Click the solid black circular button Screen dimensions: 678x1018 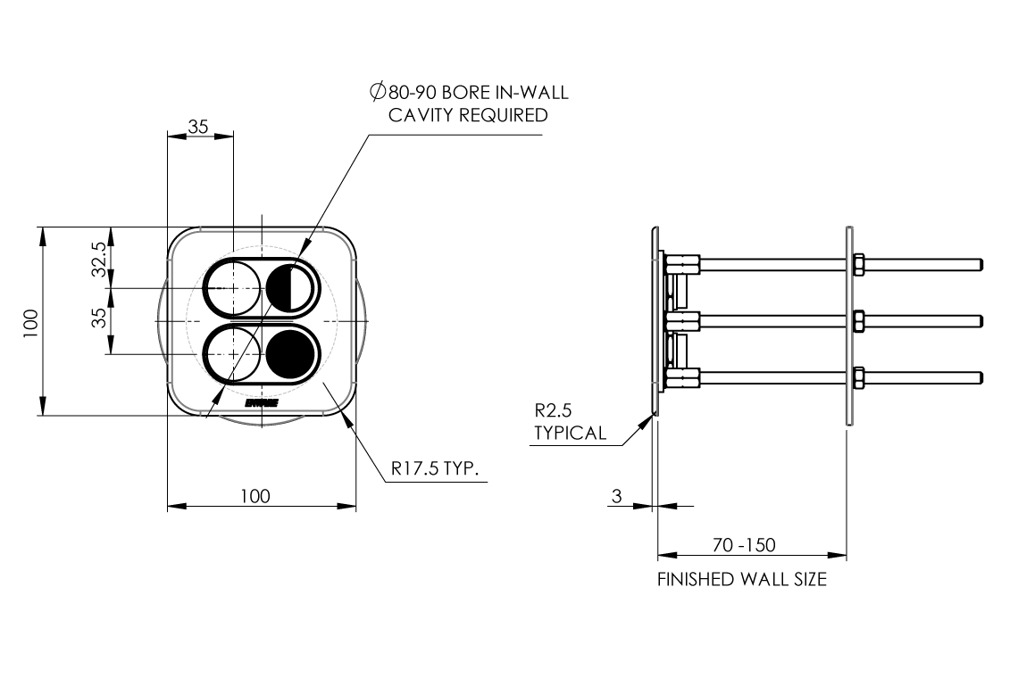291,353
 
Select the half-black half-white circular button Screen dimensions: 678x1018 291,288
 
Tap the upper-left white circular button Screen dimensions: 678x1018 232,288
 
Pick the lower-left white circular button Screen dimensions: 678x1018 232,353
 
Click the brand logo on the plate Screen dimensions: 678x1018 262,403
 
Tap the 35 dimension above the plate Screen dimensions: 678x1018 198,127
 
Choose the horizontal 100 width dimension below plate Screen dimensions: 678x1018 254,496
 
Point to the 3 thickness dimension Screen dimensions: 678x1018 616,495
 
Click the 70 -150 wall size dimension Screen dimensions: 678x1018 744,545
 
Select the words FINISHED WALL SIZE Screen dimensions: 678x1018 742,580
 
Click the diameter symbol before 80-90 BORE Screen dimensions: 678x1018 377,92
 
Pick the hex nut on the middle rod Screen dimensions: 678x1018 857,320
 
